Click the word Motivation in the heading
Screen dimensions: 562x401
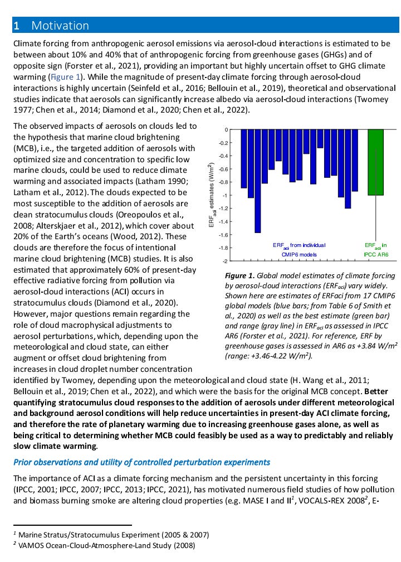pos(60,25)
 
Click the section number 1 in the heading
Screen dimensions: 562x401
pos(17,25)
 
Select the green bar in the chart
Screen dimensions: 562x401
pos(375,162)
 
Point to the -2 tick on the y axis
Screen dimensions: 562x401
pos(226,261)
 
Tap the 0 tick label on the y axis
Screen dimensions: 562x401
pos(226,130)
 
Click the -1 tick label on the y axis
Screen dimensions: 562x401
pos(226,195)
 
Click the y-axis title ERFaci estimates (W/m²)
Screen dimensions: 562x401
pos(211,195)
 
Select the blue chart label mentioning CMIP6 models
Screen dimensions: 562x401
pos(299,249)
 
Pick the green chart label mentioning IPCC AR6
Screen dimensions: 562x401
pos(375,249)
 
